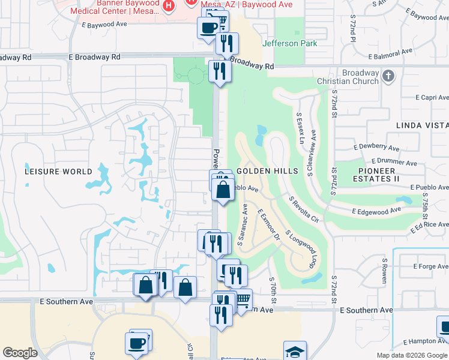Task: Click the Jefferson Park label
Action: (290, 43)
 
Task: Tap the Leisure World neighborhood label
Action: (58, 171)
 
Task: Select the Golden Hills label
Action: (267, 171)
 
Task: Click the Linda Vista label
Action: (422, 125)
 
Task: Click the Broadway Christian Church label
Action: (352, 77)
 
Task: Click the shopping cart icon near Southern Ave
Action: (243, 298)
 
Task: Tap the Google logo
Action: (20, 353)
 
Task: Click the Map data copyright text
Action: (412, 355)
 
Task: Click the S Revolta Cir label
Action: (303, 209)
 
